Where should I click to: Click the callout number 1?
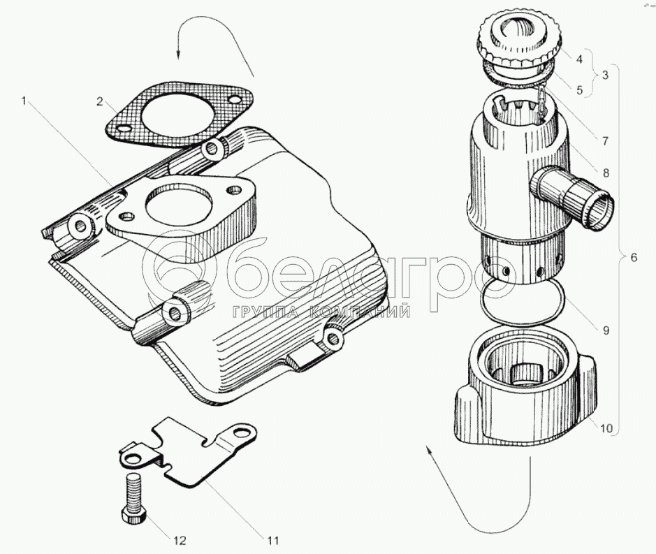[x=24, y=102]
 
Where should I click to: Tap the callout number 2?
[x=100, y=101]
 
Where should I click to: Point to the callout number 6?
[x=634, y=257]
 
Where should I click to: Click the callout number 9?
[x=606, y=330]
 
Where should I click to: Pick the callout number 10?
[x=606, y=428]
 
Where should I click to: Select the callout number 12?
[x=180, y=540]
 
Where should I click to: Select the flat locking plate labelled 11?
[x=188, y=452]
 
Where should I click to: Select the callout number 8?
[x=606, y=173]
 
